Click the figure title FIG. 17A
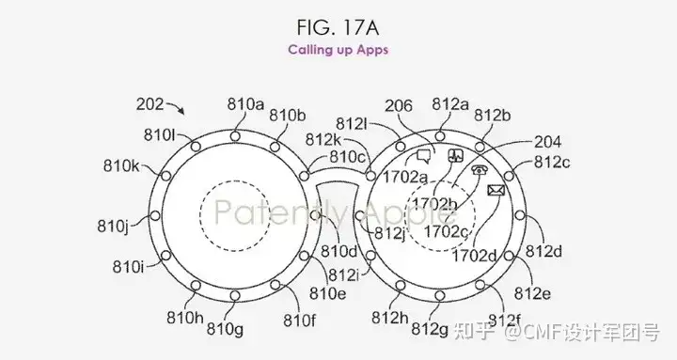coord(338,22)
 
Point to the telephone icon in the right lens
coord(480,170)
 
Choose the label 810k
coord(122,166)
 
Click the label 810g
coord(225,328)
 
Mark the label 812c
coord(552,162)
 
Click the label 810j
coord(115,226)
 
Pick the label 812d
coord(543,251)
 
